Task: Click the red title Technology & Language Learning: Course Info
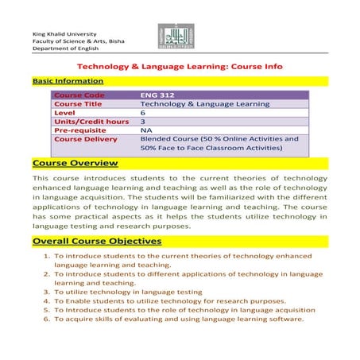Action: pyautogui.click(x=180, y=68)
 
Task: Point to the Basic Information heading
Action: pyautogui.click(x=68, y=81)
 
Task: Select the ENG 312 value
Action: pyautogui.click(x=156, y=95)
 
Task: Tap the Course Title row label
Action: pyautogui.click(x=81, y=104)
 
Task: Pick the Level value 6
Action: pyautogui.click(x=143, y=113)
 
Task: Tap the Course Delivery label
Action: pyautogui.click(x=85, y=139)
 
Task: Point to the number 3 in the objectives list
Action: pyautogui.click(x=47, y=292)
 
